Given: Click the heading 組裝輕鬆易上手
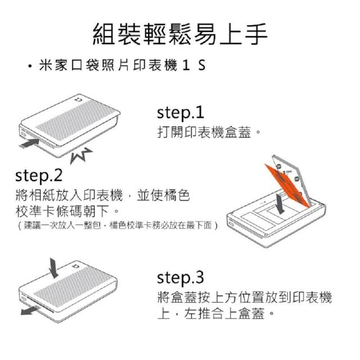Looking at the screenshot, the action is [180, 34].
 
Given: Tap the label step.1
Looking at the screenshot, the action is [181, 112].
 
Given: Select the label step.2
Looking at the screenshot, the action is [39, 175].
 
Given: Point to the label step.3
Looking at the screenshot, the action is [181, 277].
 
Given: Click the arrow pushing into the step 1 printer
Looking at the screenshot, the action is [29, 143].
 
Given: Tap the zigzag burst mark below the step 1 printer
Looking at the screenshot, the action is [81, 156].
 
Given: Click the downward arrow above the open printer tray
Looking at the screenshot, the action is [280, 204].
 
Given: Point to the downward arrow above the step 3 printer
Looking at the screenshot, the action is [54, 268].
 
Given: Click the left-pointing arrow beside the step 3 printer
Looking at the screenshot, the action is [30, 310].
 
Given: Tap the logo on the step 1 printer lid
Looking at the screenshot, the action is [79, 100].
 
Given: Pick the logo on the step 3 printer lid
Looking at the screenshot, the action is [75, 266].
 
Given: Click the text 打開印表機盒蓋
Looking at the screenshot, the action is [204, 133].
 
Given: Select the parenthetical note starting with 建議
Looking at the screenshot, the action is [118, 225].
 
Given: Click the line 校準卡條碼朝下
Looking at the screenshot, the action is [62, 211].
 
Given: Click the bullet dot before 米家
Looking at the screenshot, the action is [29, 66].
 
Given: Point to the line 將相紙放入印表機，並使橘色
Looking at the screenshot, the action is [102, 195].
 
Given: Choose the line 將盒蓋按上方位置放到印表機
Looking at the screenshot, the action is [245, 298].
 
